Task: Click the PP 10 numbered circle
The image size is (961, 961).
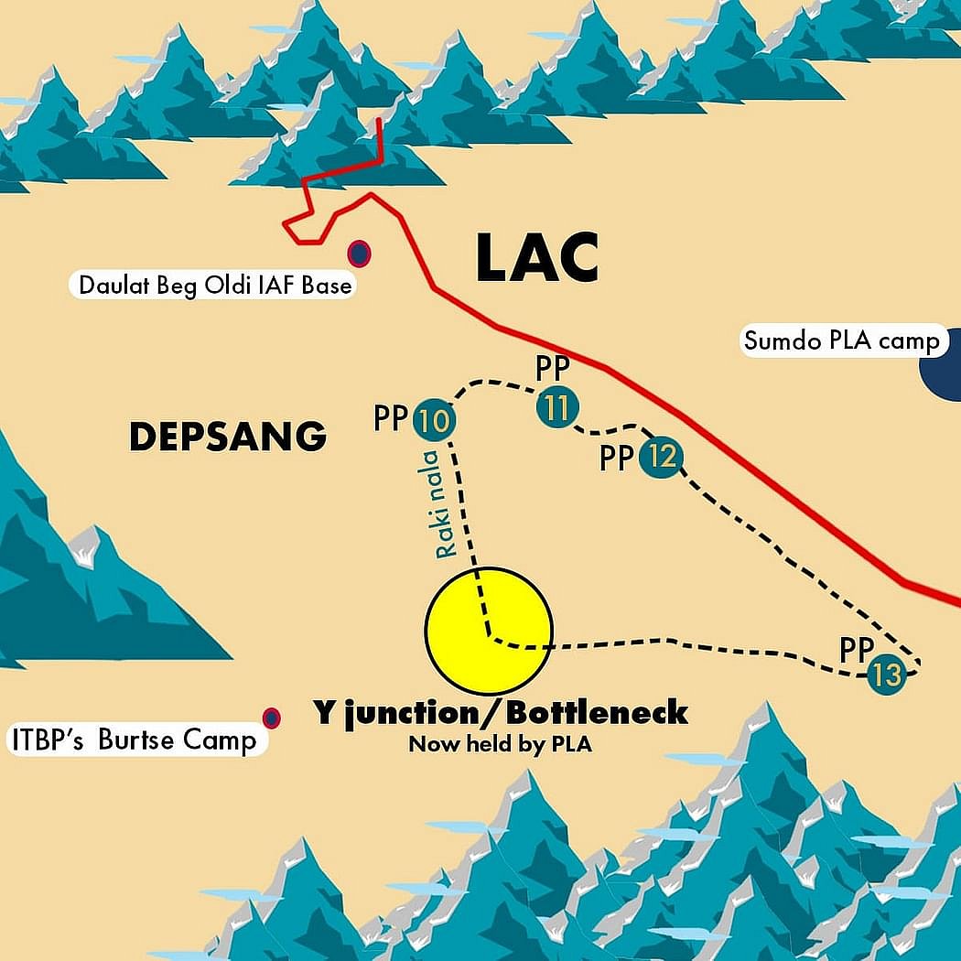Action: pos(435,421)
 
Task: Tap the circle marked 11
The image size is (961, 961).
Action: pos(555,407)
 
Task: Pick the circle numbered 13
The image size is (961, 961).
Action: pos(886,676)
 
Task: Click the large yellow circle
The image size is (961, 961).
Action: pos(489,630)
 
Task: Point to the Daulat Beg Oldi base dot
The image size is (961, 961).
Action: pos(359,254)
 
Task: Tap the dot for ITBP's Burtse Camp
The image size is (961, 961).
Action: pos(271,718)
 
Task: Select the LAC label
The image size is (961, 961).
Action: pos(537,258)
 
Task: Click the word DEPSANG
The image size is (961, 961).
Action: pos(228,437)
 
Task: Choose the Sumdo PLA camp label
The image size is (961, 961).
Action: pos(841,341)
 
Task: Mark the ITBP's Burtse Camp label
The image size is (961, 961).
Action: pos(134,739)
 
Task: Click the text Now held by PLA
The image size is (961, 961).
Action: pos(500,744)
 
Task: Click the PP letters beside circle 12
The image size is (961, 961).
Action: pos(617,458)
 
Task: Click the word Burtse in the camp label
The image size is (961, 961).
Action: pos(140,739)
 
